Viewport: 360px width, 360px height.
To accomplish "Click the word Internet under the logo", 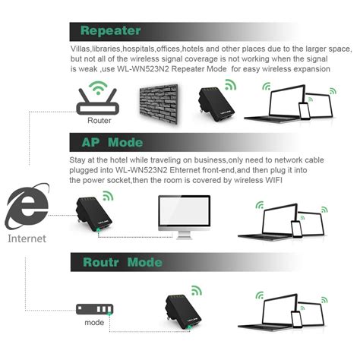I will [27, 238].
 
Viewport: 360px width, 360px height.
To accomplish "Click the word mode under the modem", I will [94, 323].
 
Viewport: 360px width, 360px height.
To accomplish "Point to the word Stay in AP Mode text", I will [81, 159].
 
